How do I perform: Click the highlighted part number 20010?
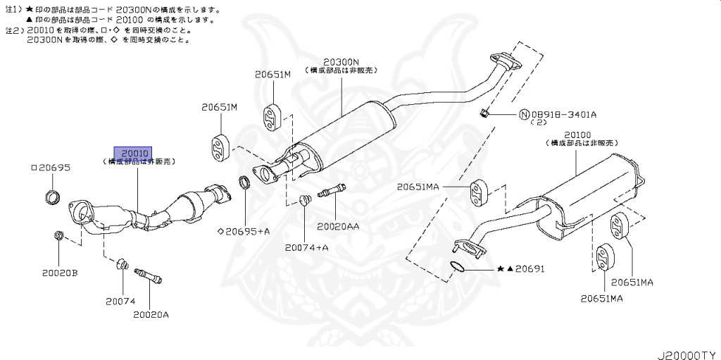(133, 152)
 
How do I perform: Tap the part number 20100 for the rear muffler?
(577, 134)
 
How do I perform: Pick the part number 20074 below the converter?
(120, 301)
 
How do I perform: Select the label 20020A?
(151, 314)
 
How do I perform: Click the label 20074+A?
(306, 247)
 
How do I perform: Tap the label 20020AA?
(338, 226)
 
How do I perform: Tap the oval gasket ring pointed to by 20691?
(457, 266)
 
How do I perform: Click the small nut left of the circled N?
(483, 113)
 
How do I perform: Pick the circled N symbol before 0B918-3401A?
(524, 114)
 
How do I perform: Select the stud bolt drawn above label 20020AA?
(333, 191)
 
